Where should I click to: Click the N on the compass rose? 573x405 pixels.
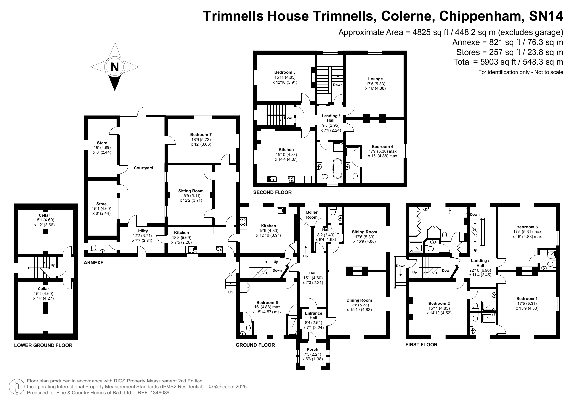(x=115, y=67)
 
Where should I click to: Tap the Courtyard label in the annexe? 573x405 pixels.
(x=143, y=168)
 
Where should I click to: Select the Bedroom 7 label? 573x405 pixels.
(x=201, y=134)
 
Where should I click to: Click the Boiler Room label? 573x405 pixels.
(x=312, y=215)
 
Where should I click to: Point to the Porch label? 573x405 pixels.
(x=312, y=350)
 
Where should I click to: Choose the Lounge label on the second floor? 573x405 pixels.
(x=375, y=79)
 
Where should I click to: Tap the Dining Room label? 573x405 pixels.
(x=359, y=300)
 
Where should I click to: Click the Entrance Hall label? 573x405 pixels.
(x=313, y=316)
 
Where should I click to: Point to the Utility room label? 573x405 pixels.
(x=142, y=231)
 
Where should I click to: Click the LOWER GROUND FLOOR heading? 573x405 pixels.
(x=43, y=345)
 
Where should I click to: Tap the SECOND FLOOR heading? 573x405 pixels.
(x=272, y=192)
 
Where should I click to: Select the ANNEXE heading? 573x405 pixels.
(x=93, y=263)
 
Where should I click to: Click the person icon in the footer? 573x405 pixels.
(x=17, y=387)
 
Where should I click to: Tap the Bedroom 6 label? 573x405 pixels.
(x=267, y=302)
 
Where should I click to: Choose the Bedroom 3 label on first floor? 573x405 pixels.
(x=527, y=227)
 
